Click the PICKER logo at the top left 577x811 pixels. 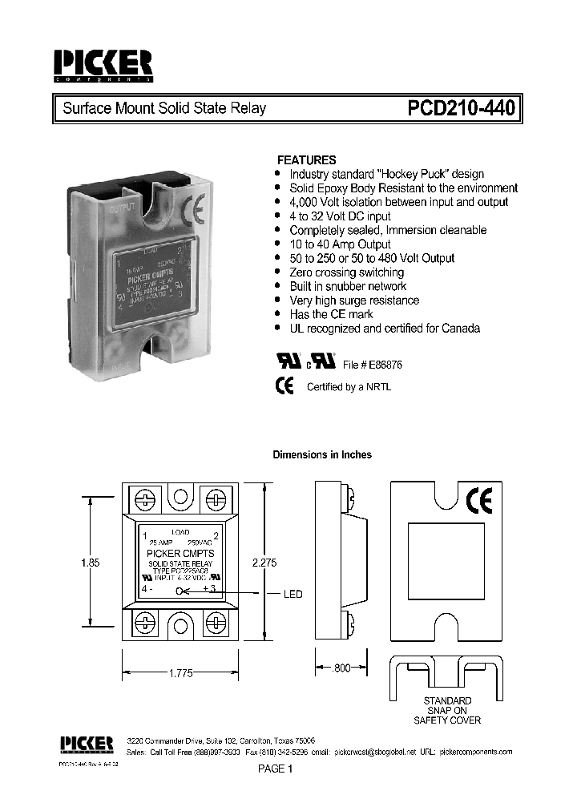(102, 67)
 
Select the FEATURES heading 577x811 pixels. (306, 159)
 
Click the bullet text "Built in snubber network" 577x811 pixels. (348, 286)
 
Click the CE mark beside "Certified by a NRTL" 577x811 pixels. (284, 385)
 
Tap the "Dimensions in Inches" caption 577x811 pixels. (322, 454)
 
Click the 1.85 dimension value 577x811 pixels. (90, 563)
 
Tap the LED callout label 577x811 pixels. (293, 594)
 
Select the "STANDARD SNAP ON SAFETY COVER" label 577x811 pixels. (447, 710)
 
